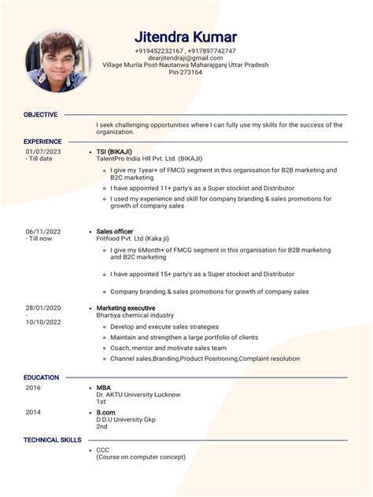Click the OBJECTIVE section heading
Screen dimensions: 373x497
pos(40,115)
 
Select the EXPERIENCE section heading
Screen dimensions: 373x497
pos(42,142)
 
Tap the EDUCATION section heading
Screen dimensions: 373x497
pos(42,377)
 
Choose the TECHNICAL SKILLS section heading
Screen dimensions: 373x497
pos(52,440)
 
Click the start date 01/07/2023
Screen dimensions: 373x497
pos(43,151)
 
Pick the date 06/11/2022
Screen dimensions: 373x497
pos(43,232)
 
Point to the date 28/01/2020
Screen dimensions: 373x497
pos(43,307)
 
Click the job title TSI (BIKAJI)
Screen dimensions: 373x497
pos(114,151)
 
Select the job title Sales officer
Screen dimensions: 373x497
pos(114,232)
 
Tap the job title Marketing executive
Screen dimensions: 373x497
pos(125,307)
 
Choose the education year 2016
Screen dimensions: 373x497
pos(33,388)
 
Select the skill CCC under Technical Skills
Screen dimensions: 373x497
pos(103,450)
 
